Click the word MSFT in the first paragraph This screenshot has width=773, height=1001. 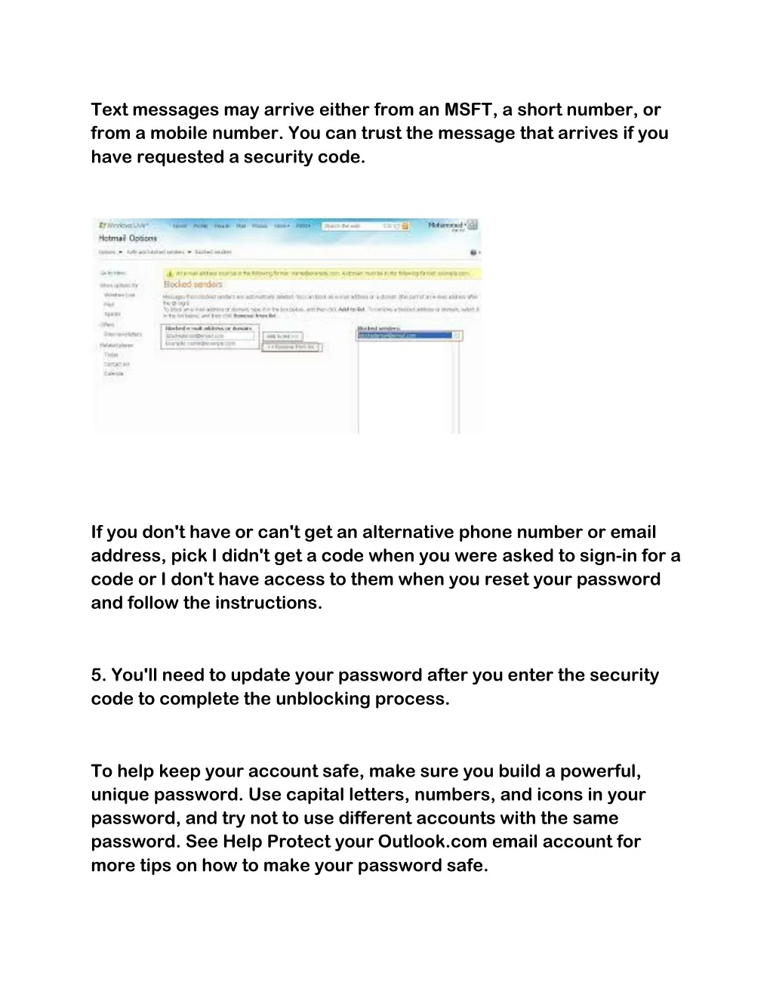(468, 110)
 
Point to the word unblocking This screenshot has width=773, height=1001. (323, 699)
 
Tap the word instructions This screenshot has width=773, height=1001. (269, 603)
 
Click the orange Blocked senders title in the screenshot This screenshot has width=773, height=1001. (193, 285)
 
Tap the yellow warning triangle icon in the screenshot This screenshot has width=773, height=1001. (170, 273)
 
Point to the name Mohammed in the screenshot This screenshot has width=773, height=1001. (445, 225)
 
